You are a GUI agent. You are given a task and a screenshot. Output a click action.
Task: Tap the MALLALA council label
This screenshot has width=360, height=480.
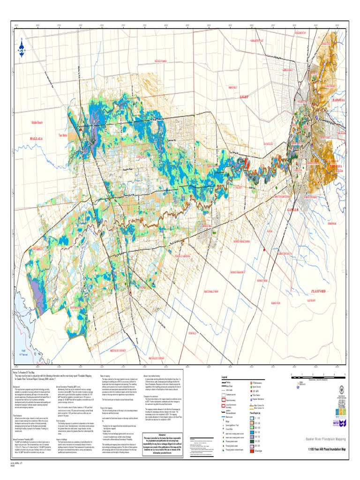(x=37, y=139)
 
